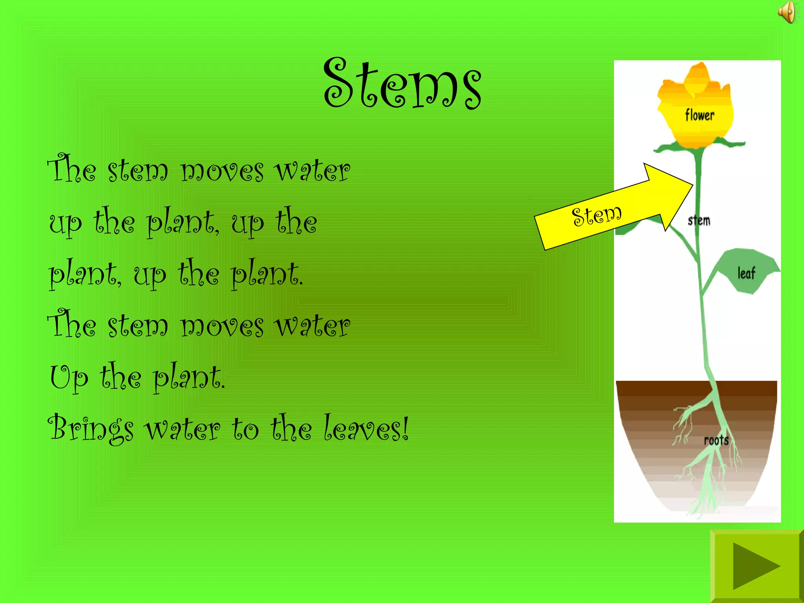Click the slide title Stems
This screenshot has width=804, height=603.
coord(402,83)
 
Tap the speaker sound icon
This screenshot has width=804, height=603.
coord(787,12)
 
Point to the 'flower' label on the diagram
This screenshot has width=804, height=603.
coord(700,115)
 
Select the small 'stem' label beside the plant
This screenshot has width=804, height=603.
coord(699,221)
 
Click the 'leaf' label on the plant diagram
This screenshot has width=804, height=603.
coord(746,273)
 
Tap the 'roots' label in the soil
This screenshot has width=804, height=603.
coord(716,440)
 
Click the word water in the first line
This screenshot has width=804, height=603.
coord(312,171)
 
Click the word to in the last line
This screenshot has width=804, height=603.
coord(245,429)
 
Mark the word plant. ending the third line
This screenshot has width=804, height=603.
coord(267,274)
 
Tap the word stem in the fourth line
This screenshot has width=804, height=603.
coord(137,326)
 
